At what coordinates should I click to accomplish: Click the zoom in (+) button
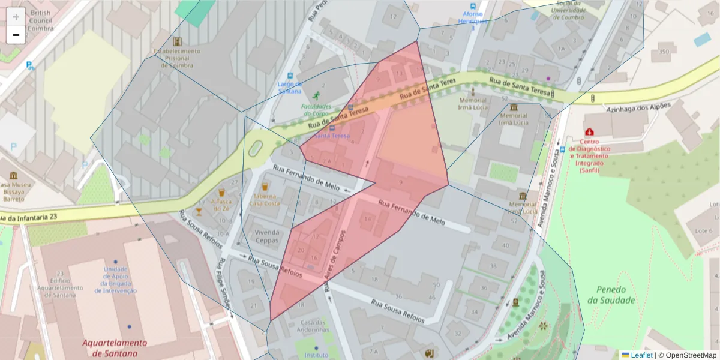pos(16,16)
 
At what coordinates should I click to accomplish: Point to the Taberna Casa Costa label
pos(265,200)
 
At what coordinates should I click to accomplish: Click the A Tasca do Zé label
pos(221,205)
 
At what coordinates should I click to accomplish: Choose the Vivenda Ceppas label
pos(267,236)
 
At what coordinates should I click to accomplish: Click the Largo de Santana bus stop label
pos(290,87)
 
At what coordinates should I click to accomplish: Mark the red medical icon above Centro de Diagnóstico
pos(589,131)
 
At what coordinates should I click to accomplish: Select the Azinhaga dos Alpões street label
pos(638,109)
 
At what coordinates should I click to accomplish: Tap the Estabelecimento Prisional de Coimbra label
pos(177,55)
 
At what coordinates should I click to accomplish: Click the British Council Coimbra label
pos(40,20)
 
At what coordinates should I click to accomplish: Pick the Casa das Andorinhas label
pos(313,326)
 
